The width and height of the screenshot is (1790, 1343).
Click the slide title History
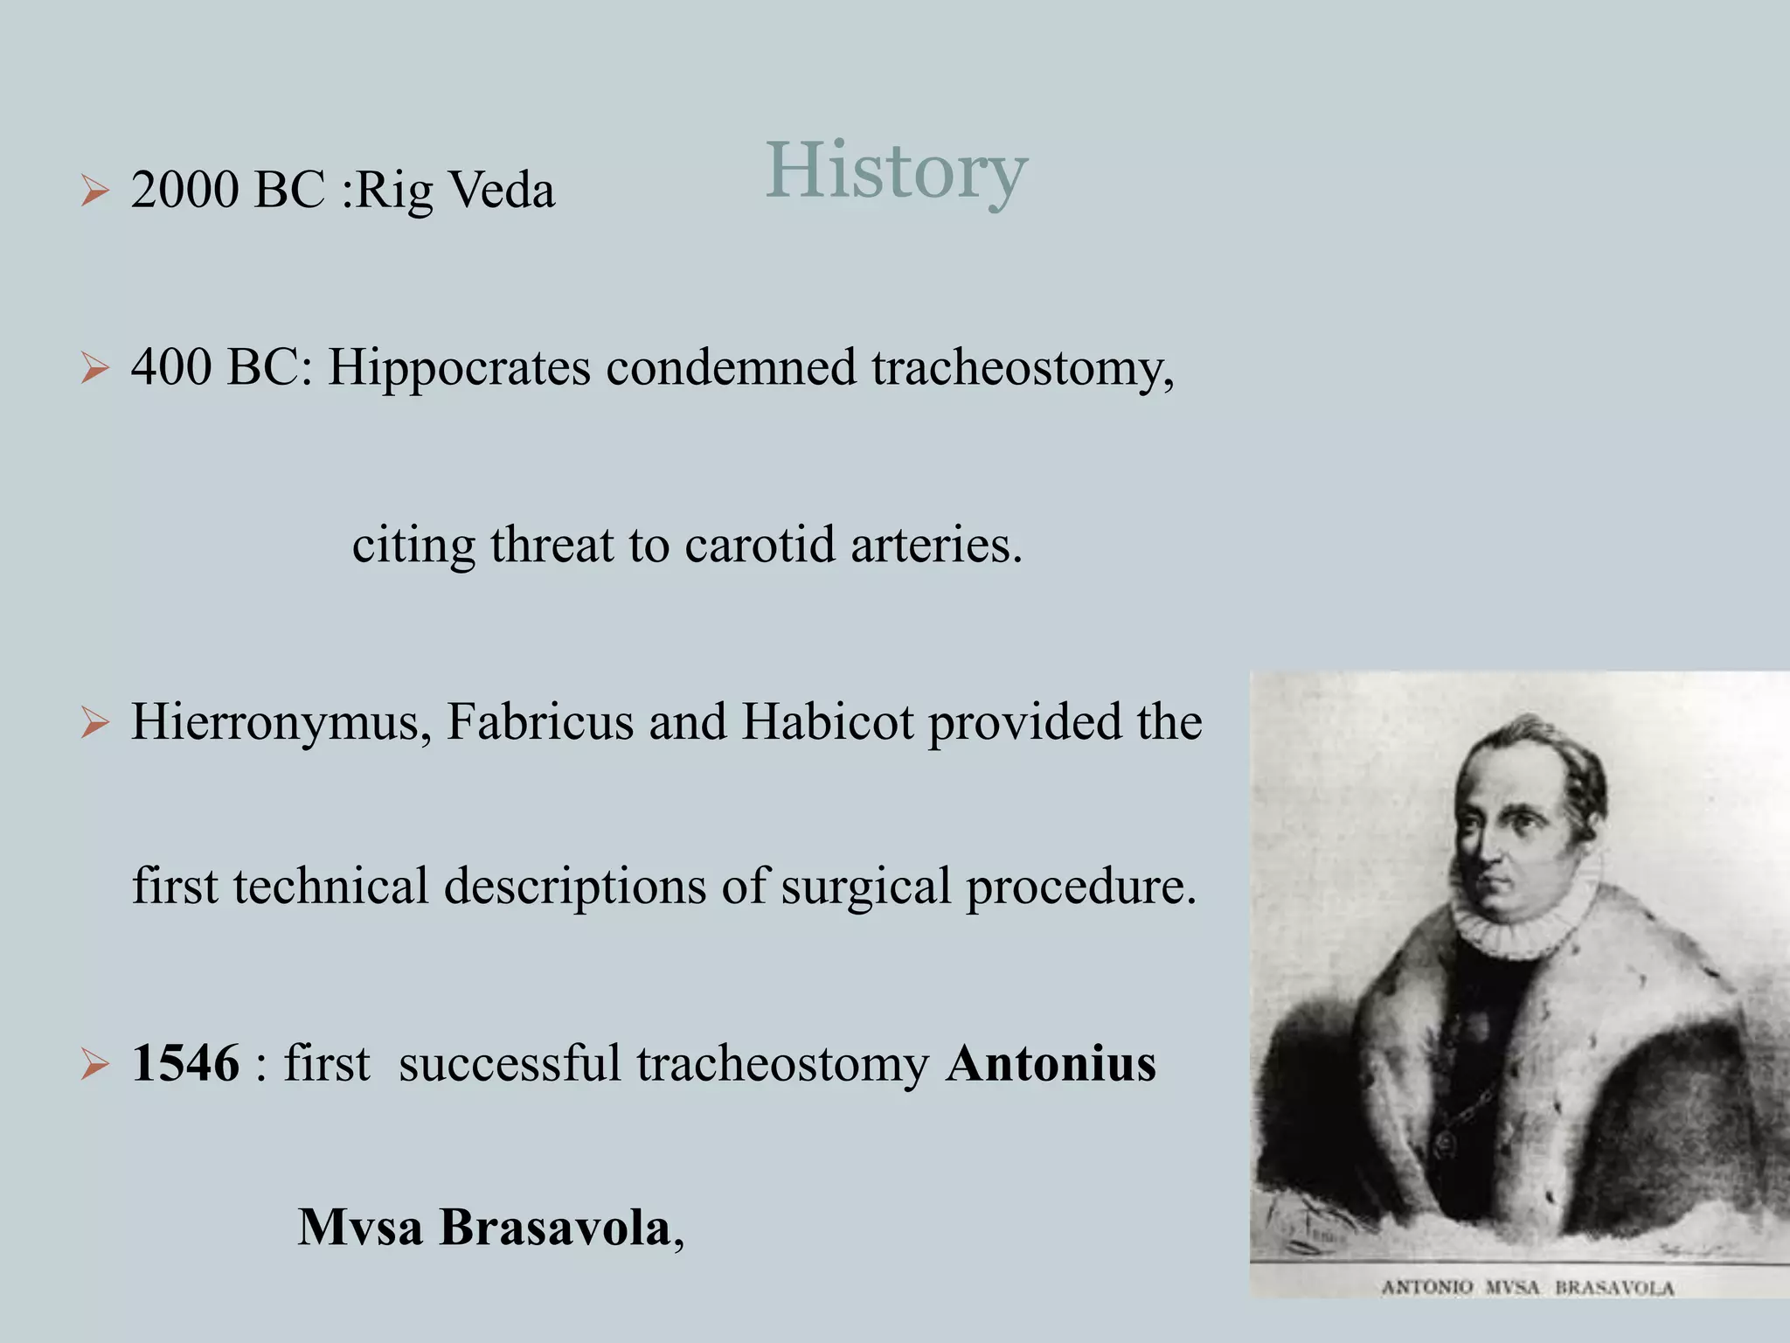896,170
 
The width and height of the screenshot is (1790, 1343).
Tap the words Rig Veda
455,190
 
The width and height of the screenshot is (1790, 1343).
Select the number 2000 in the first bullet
184,190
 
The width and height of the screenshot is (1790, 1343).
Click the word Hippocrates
459,368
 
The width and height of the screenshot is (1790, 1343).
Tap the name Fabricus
540,722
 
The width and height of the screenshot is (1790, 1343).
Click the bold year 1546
185,1064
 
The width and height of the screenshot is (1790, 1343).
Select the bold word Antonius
1051,1064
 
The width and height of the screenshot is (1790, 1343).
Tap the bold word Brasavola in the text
554,1228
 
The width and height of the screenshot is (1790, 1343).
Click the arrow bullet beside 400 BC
94,368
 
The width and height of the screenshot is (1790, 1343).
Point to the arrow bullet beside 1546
94,1065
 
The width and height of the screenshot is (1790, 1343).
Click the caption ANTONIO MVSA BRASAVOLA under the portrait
1527,1288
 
